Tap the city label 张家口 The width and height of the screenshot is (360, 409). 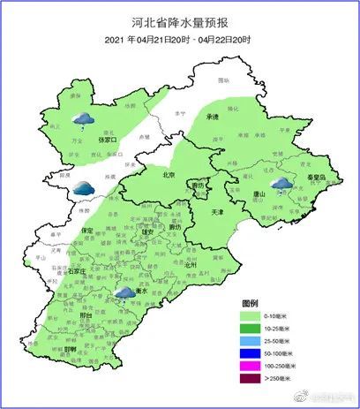[x=109, y=140]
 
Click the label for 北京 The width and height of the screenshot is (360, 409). [x=170, y=174]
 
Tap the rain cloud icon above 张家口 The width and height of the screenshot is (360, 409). [x=83, y=118]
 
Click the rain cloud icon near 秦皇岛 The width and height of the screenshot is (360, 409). [x=281, y=183]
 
